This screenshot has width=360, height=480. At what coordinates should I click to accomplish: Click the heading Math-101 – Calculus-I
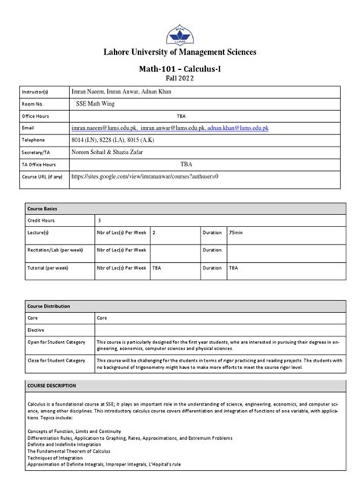click(180, 68)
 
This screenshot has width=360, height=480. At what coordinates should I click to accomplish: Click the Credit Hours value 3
click(99, 219)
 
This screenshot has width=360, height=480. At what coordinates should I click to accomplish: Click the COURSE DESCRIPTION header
click(47, 387)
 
